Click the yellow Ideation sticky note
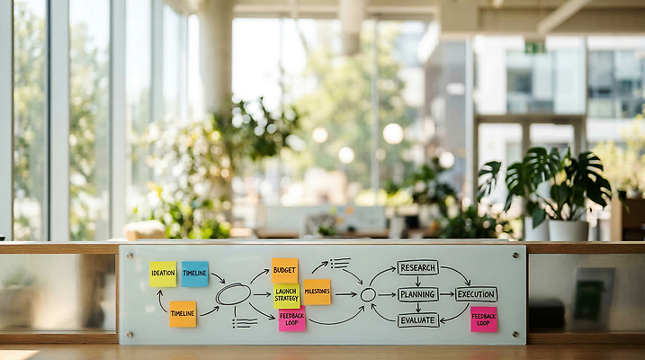click(163, 274)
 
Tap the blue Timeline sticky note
click(194, 274)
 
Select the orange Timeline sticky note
click(183, 314)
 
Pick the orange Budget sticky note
click(284, 271)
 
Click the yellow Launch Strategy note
click(287, 296)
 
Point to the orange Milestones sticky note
click(318, 292)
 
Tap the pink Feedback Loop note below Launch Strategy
click(292, 319)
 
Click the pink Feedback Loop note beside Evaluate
click(484, 319)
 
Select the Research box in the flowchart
click(418, 268)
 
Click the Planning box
click(418, 294)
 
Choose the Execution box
click(476, 294)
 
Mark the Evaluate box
click(418, 320)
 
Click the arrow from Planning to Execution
click(447, 294)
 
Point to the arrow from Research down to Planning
click(418, 282)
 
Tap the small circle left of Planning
click(368, 294)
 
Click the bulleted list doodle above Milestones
click(340, 264)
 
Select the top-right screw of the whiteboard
click(515, 256)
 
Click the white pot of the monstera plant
click(569, 230)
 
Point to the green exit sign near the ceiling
click(535, 47)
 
